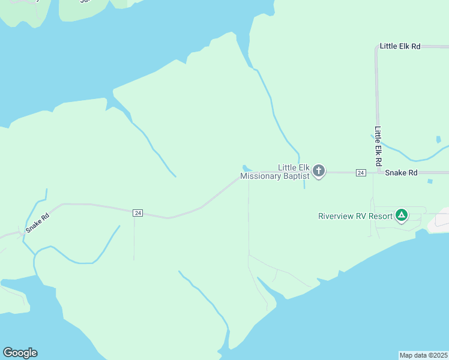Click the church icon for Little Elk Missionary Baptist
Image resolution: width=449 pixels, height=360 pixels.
[319, 172]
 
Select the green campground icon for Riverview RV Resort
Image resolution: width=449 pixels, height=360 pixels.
[402, 215]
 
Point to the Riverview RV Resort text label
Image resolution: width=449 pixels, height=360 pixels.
[355, 216]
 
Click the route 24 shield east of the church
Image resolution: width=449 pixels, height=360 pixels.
[361, 173]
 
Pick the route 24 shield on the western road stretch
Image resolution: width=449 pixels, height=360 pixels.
[138, 213]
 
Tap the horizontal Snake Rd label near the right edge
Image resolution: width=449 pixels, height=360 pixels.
[401, 173]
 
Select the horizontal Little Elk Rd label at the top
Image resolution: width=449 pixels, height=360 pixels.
[400, 46]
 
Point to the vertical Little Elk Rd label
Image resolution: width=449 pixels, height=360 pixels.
[379, 146]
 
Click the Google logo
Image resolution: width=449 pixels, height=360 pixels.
[20, 353]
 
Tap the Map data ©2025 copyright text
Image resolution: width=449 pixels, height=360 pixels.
[424, 355]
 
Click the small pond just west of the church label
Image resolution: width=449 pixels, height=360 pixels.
[246, 167]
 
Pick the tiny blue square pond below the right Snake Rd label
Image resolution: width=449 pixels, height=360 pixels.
[430, 181]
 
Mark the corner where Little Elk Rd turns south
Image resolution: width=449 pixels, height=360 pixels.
[376, 47]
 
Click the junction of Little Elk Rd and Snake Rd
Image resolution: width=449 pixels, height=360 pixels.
[379, 173]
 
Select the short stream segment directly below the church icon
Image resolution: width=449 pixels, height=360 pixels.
[304, 184]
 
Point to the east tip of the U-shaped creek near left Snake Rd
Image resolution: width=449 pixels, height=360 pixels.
[119, 227]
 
